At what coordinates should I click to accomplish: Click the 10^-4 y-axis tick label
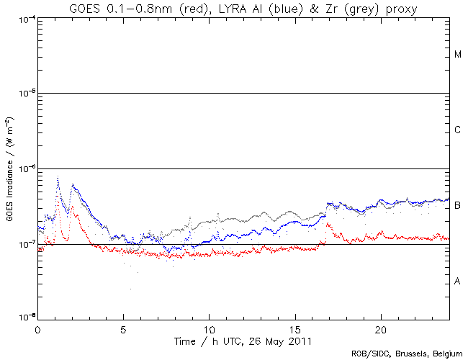click(x=26, y=18)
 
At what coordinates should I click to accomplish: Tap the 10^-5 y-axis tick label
click(x=26, y=93)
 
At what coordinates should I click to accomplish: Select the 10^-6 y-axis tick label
click(x=26, y=168)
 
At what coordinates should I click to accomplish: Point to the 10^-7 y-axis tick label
click(x=26, y=244)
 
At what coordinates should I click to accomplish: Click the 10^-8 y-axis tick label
click(x=26, y=318)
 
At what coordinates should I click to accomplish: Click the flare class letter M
click(x=458, y=55)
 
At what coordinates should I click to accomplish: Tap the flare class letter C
click(x=458, y=130)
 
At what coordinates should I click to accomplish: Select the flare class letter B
click(x=458, y=206)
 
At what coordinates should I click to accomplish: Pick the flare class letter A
click(x=458, y=282)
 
